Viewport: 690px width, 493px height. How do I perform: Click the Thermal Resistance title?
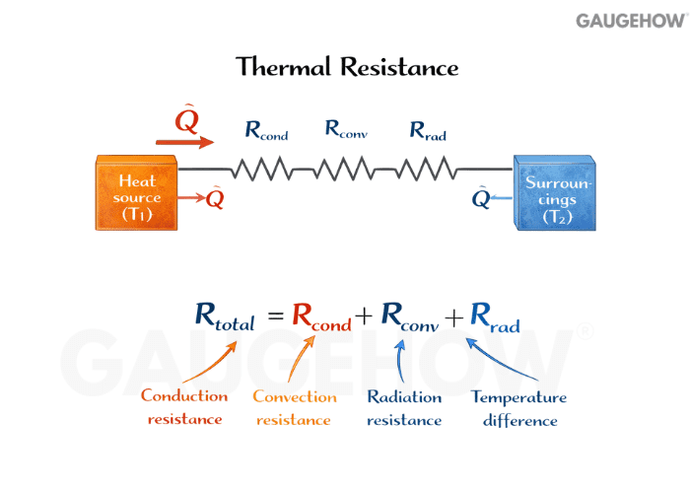[x=347, y=67]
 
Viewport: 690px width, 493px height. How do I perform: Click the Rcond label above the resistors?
[x=266, y=129]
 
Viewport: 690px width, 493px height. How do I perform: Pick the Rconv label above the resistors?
[x=346, y=129]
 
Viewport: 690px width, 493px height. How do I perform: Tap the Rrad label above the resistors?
[x=428, y=129]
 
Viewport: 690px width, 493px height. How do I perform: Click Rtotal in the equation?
[x=225, y=317]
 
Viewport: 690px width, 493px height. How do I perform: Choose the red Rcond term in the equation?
[x=321, y=317]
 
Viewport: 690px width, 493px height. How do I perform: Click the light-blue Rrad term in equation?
[x=494, y=317]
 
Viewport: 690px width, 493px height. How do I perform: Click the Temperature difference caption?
[x=518, y=408]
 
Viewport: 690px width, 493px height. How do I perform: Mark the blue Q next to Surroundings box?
[x=481, y=199]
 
